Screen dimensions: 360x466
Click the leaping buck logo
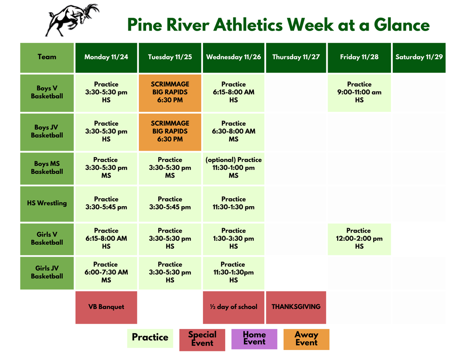pos(72,20)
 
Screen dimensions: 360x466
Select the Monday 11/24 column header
pos(106,57)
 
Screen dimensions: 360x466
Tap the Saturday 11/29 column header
pos(419,57)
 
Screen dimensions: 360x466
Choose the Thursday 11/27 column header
pos(296,57)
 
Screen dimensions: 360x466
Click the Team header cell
pos(47,57)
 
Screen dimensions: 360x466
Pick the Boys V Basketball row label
pos(47,92)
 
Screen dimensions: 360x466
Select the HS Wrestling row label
pos(47,203)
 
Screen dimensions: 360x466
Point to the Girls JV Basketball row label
pos(47,273)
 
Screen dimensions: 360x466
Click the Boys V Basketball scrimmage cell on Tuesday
pos(170,92)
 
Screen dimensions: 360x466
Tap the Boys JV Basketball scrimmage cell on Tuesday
pos(170,132)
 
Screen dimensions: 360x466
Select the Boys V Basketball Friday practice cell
pos(359,92)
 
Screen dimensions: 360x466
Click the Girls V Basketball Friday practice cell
pos(359,238)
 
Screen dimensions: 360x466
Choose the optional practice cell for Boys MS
pos(233,168)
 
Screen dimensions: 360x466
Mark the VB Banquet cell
pos(106,307)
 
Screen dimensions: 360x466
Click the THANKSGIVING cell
pos(296,307)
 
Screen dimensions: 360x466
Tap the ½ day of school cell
pos(233,307)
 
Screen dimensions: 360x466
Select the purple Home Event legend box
pos(254,339)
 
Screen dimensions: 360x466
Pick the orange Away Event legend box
pos(306,339)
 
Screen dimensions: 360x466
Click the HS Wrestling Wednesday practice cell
pos(233,203)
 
